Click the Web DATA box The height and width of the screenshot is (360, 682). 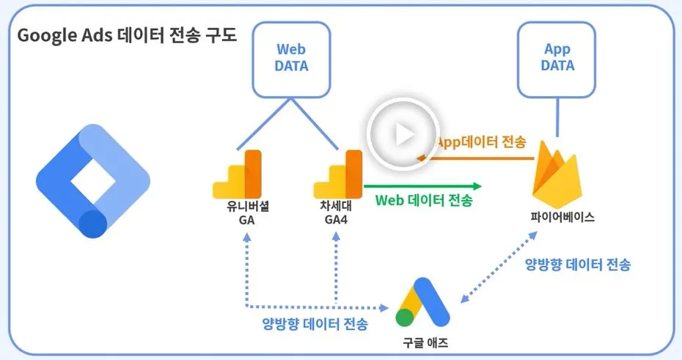click(x=291, y=58)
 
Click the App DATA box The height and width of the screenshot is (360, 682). click(x=557, y=58)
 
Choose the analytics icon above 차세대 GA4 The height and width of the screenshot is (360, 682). click(x=338, y=175)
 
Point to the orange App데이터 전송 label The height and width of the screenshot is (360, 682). click(x=480, y=142)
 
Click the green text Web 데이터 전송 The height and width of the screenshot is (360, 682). click(x=424, y=199)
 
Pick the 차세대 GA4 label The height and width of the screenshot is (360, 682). click(x=336, y=213)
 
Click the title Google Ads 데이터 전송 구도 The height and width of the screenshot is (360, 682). click(x=127, y=36)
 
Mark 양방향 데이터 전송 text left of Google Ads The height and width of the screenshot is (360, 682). click(x=315, y=323)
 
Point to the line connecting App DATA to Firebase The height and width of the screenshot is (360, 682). click(x=557, y=117)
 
